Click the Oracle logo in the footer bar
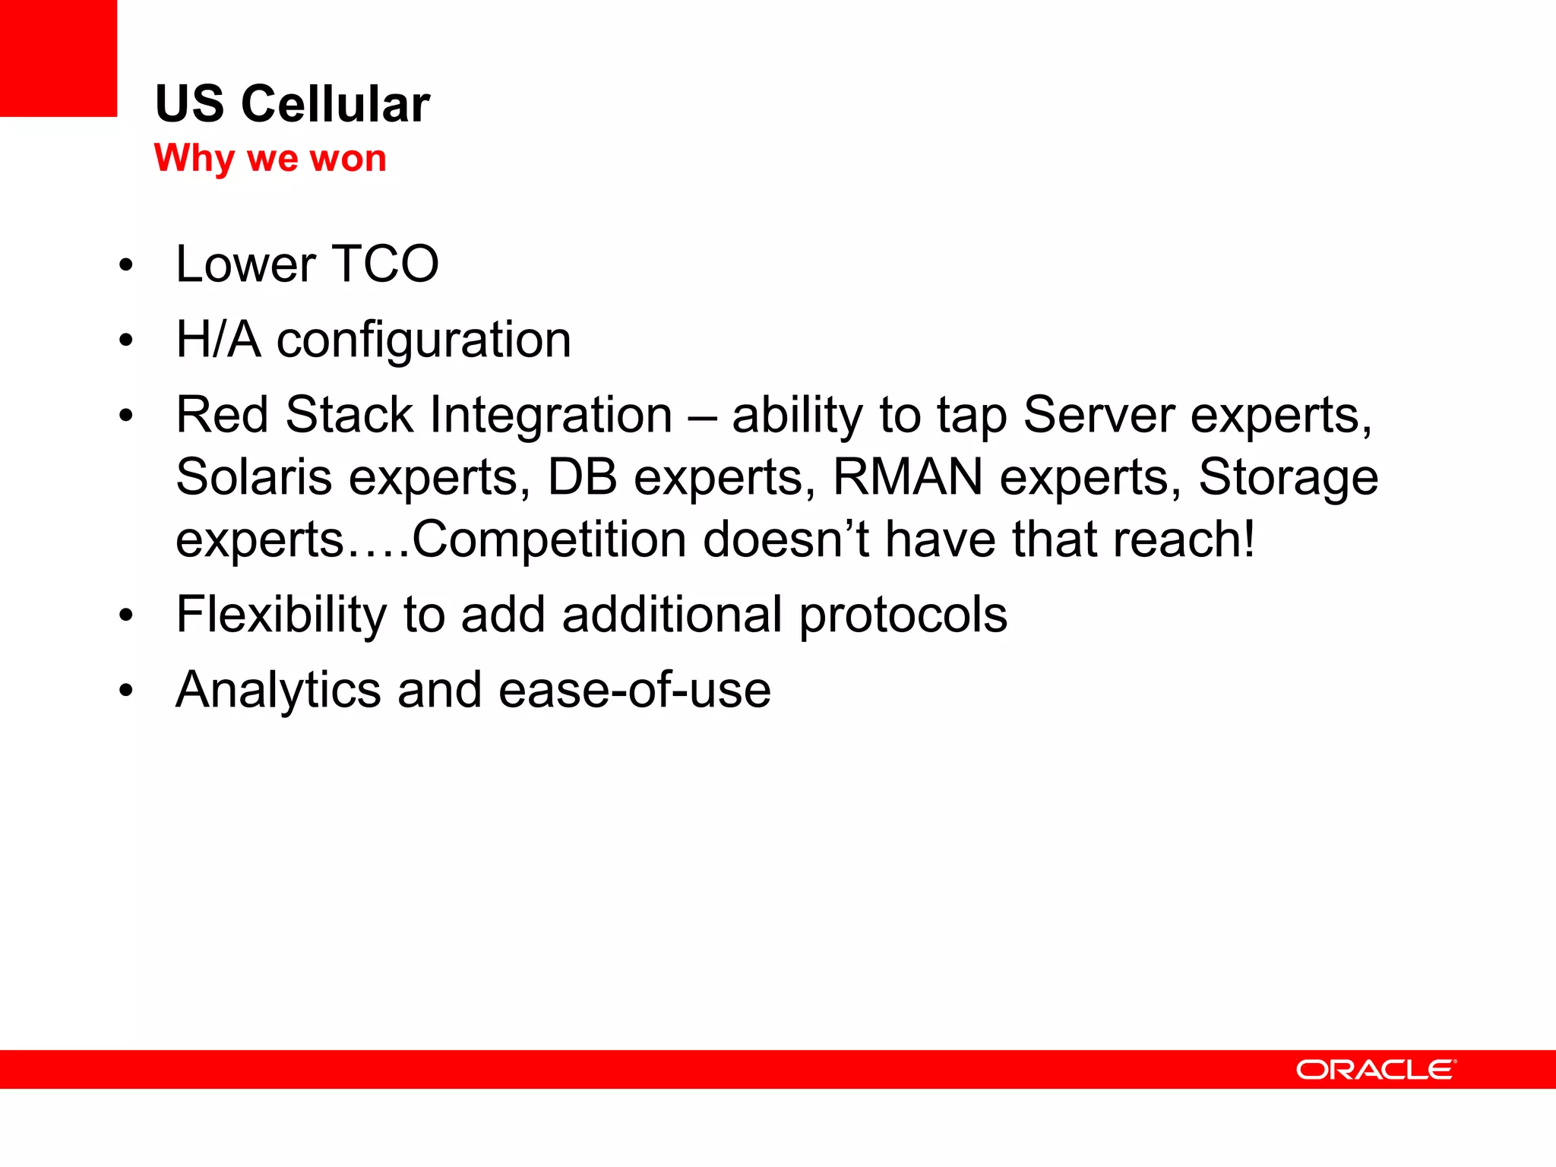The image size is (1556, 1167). coord(1376,1069)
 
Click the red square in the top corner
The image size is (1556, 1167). coord(58,58)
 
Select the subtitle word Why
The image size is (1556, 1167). coord(194,159)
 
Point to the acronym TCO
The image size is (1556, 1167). coord(385,264)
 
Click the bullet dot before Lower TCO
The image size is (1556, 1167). coord(126,266)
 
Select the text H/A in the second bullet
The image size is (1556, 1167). coord(218,339)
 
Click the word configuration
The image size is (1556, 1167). coord(423,340)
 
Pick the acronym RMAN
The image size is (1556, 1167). coord(908,477)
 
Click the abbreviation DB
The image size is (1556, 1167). coord(582,477)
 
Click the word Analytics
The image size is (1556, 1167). coord(278,690)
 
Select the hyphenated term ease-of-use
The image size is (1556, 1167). coord(634,690)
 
